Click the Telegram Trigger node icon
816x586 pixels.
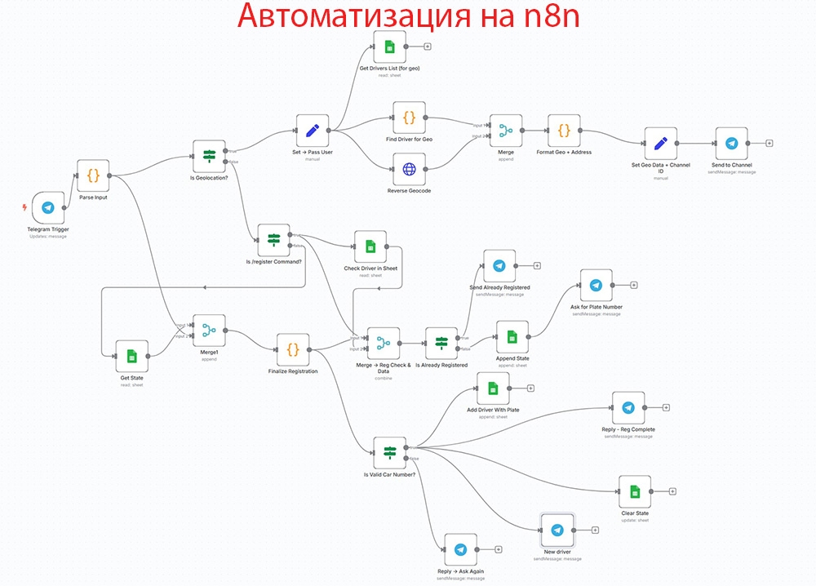click(x=48, y=208)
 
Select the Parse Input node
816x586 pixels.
click(x=93, y=175)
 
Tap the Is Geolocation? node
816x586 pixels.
click(x=208, y=156)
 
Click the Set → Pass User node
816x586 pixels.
click(x=312, y=130)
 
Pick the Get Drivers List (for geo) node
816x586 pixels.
click(x=389, y=47)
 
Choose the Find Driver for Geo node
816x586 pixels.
click(x=409, y=118)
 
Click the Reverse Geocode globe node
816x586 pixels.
click(x=409, y=169)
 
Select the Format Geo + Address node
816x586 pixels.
click(x=564, y=130)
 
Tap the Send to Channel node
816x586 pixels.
click(x=731, y=143)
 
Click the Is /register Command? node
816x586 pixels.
click(x=273, y=240)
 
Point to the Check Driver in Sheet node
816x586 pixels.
click(x=370, y=246)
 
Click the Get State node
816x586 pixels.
click(x=131, y=356)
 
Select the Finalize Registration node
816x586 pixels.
click(x=293, y=349)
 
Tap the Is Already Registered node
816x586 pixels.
click(x=441, y=344)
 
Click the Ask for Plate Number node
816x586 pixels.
click(x=596, y=285)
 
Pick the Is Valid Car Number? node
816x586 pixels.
click(x=389, y=452)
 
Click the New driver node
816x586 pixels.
click(x=557, y=530)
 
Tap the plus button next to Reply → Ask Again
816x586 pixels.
click(x=498, y=550)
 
